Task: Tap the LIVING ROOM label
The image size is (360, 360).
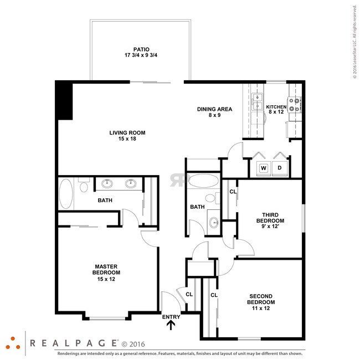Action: point(127,135)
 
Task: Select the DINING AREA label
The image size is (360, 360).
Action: point(214,112)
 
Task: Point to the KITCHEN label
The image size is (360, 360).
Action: point(276,110)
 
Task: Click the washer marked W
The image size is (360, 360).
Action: point(264,167)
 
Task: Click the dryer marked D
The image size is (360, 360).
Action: point(280,167)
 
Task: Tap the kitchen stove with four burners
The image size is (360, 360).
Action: point(296,105)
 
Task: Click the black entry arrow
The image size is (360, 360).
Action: point(171,325)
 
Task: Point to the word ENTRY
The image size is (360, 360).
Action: point(171,317)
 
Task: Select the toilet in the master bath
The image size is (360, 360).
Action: point(84,186)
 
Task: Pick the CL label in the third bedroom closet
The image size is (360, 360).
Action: point(233,192)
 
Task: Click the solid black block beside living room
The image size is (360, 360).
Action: point(64,100)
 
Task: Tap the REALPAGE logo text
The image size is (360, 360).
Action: point(73,343)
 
